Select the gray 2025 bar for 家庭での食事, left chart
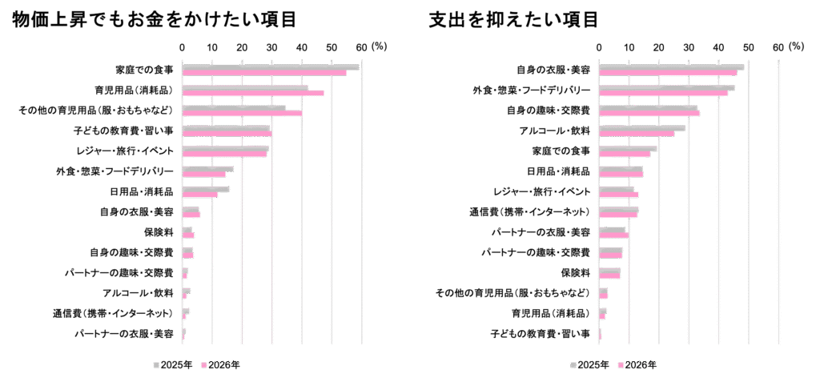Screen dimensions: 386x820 click(x=270, y=67)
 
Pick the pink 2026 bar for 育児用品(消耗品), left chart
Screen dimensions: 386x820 click(x=253, y=93)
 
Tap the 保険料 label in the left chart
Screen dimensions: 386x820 click(x=159, y=232)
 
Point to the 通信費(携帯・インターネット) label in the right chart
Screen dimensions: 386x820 click(x=529, y=212)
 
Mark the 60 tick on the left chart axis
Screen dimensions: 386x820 click(x=361, y=47)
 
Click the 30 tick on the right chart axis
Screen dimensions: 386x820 click(x=688, y=47)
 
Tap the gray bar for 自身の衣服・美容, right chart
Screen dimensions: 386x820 click(x=671, y=67)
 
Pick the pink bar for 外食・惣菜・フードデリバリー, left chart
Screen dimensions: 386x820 click(x=204, y=174)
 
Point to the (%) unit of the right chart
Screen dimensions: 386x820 click(x=796, y=47)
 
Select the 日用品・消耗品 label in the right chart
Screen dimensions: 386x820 click(x=558, y=171)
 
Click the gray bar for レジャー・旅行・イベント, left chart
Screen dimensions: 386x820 click(x=226, y=148)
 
